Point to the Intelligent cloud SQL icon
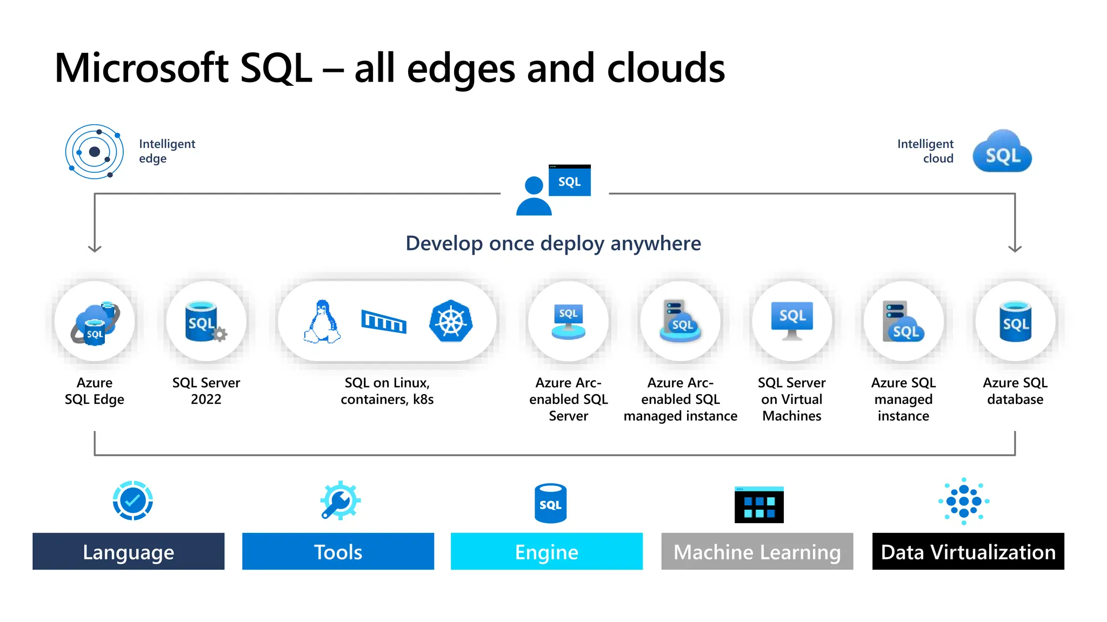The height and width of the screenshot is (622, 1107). [1002, 152]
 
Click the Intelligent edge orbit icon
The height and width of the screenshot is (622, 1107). [95, 152]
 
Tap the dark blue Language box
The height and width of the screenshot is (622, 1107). [129, 551]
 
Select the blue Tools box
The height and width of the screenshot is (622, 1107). [338, 551]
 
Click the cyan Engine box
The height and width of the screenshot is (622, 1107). [546, 551]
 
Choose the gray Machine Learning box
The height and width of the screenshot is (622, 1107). [757, 551]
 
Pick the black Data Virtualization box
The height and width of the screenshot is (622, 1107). [968, 551]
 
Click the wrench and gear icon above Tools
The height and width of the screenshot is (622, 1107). [340, 501]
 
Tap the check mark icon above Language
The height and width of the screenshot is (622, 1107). [133, 501]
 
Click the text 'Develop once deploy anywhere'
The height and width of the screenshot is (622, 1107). [553, 244]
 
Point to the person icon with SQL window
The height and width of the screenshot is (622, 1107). [553, 190]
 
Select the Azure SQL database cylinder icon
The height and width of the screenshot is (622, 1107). [1015, 322]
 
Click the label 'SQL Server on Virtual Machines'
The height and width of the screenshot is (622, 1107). [791, 399]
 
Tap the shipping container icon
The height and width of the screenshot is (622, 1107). [384, 322]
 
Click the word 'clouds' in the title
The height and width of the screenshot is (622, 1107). [666, 69]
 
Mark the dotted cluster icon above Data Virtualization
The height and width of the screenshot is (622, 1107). [964, 501]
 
